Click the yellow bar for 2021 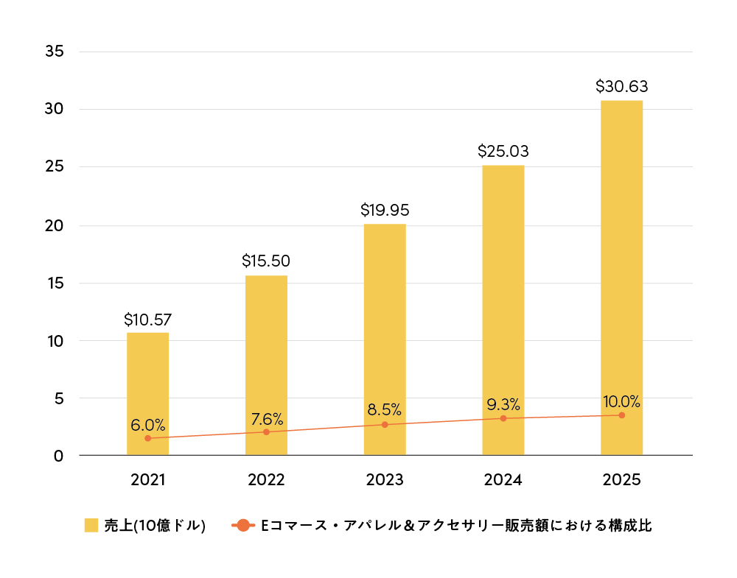pyautogui.click(x=147, y=394)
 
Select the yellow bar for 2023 pyautogui.click(x=385, y=339)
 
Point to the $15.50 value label pyautogui.click(x=266, y=261)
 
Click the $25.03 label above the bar pyautogui.click(x=503, y=151)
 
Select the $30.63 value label pyautogui.click(x=621, y=86)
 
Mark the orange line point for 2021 pyautogui.click(x=147, y=438)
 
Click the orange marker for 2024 pyautogui.click(x=503, y=418)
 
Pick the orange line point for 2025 pyautogui.click(x=621, y=415)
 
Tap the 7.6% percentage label pyautogui.click(x=267, y=419)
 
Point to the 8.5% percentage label pyautogui.click(x=385, y=409)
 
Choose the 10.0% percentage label pyautogui.click(x=621, y=401)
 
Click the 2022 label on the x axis pyautogui.click(x=266, y=480)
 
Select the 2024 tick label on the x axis pyautogui.click(x=503, y=480)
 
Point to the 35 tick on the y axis pyautogui.click(x=55, y=52)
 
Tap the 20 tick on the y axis pyautogui.click(x=55, y=225)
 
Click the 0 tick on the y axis pyautogui.click(x=59, y=456)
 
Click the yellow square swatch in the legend pyautogui.click(x=91, y=526)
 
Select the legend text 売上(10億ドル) pyautogui.click(x=155, y=526)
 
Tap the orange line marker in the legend pyautogui.click(x=242, y=526)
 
